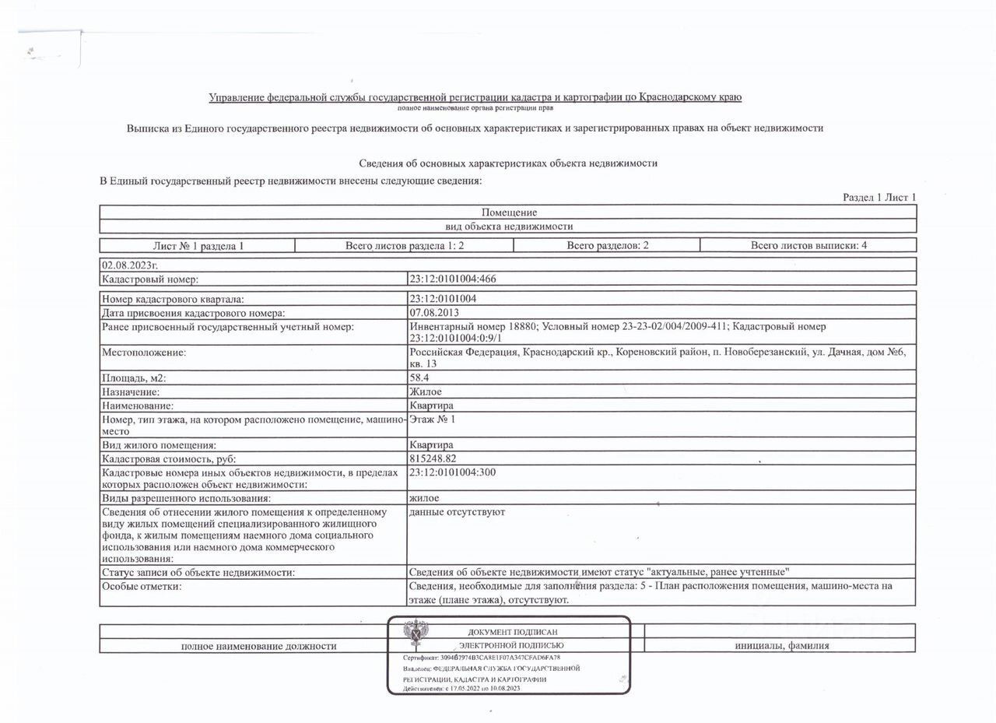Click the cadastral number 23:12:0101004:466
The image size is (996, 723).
452,279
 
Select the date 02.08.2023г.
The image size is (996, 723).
124,265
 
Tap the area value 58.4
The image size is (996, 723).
421,378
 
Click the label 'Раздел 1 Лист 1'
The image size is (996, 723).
879,198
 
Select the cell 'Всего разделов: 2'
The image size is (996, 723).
607,246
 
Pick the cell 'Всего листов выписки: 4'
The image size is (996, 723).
808,246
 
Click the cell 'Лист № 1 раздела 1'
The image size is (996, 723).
198,246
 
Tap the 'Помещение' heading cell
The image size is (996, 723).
509,212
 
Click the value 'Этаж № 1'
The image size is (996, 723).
433,419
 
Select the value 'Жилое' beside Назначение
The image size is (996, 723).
425,392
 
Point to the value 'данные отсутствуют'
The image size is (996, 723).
457,512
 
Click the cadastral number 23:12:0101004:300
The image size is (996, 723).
452,472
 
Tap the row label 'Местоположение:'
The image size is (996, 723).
144,353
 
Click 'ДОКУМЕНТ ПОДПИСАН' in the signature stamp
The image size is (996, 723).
512,632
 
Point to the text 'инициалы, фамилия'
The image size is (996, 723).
781,645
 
